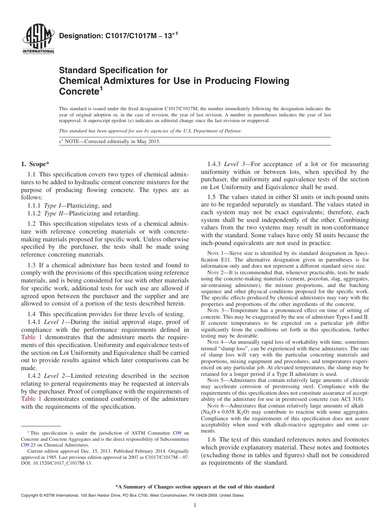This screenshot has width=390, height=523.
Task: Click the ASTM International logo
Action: coord(38,39)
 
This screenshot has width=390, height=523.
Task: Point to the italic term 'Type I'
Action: coord(50,206)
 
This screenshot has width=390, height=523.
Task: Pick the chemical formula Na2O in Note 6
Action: coord(209,412)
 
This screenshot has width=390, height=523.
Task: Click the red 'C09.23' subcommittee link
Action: coord(27,444)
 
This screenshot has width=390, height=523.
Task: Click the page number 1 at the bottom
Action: coord(195,505)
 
